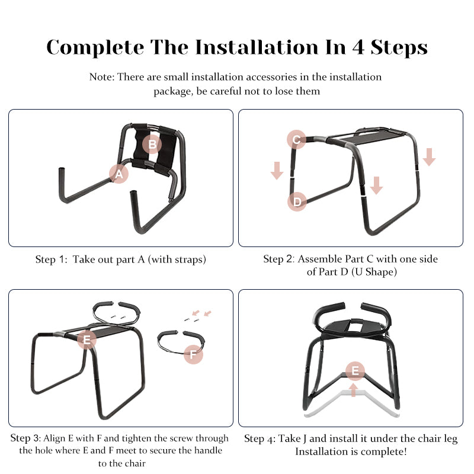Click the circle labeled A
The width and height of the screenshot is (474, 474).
pos(119,174)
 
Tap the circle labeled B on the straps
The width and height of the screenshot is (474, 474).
pos(152,144)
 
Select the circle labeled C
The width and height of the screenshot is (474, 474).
pos(297,140)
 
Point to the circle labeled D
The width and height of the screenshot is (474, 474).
pos(297,201)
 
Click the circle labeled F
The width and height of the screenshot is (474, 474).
pos(193,355)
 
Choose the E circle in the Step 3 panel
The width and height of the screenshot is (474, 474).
pos(87,340)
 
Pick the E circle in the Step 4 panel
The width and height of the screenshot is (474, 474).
pos(355,371)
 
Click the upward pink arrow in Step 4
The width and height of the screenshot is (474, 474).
pos(354,390)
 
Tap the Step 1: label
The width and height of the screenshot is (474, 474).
pos(52,260)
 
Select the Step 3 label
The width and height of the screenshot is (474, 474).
pos(26,438)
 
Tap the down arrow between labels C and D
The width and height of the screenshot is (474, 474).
pos(277,169)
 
